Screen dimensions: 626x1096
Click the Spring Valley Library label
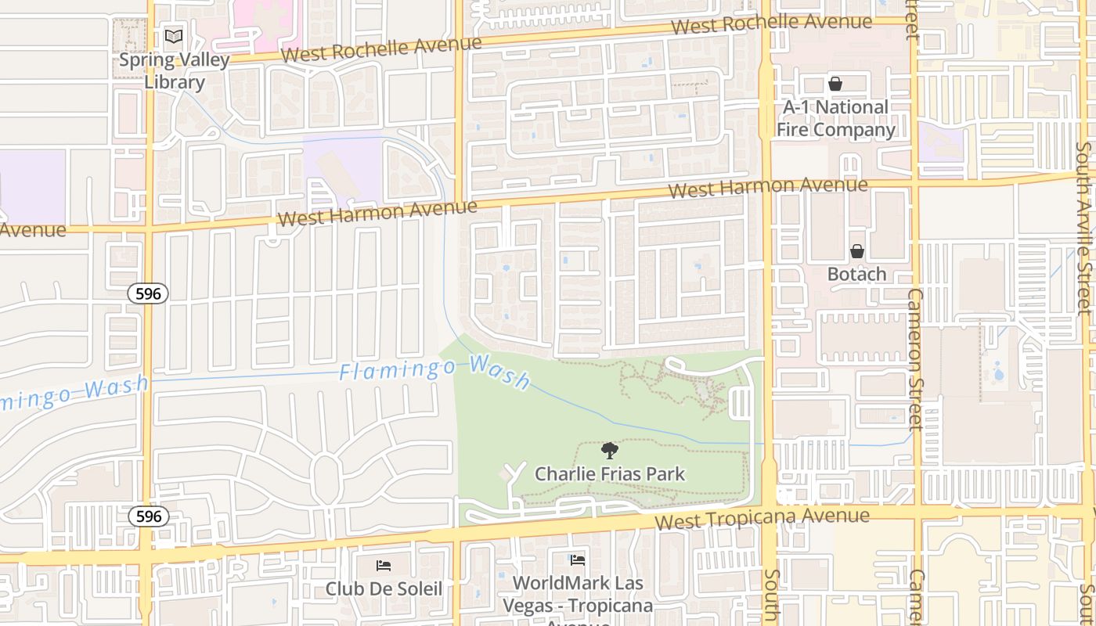tap(174, 70)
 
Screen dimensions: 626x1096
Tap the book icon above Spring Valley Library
tap(174, 37)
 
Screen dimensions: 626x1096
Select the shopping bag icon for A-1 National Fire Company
tap(835, 84)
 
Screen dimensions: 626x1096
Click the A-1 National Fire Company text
tap(835, 118)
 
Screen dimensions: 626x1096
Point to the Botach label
tap(856, 274)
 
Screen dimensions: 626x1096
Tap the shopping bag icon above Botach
tap(857, 251)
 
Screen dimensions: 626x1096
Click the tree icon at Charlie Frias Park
tap(609, 450)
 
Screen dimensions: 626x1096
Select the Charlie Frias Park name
tap(609, 473)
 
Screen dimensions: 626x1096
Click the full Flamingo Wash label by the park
tap(435, 371)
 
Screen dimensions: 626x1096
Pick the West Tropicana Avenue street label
tap(762, 518)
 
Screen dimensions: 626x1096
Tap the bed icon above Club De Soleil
tap(384, 565)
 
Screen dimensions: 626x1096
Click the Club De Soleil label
tap(384, 588)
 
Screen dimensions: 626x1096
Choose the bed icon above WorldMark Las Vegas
tap(578, 559)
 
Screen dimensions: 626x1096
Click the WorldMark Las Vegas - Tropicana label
tap(578, 595)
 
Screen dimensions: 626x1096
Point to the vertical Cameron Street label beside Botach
tap(914, 358)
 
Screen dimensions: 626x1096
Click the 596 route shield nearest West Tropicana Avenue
tap(148, 516)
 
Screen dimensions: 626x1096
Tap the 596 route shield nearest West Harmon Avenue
tap(148, 293)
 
